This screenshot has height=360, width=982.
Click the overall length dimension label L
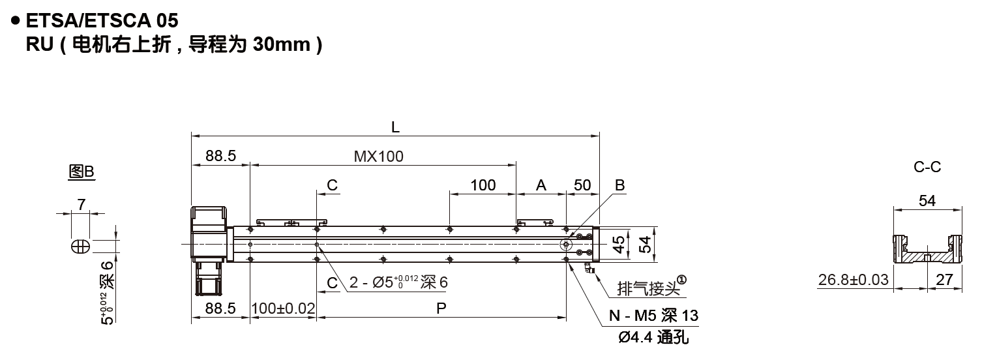pos(395,128)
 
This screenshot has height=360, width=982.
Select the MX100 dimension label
pos(379,157)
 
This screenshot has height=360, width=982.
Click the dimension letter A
pos(541,185)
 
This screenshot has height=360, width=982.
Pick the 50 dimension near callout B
pos(582,185)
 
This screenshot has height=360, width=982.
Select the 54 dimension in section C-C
pos(927,201)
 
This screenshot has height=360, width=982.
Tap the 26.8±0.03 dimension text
pos(853,280)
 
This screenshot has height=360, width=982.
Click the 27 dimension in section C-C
pos(944,280)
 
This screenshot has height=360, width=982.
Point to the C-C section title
pos(927,168)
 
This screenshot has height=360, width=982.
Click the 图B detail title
pos(82,172)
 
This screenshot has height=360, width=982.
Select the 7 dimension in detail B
pos(81,204)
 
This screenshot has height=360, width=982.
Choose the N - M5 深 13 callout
pos(653,316)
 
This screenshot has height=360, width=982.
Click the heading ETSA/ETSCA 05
pos(101,22)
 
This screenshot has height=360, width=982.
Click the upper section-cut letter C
pos(332,185)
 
